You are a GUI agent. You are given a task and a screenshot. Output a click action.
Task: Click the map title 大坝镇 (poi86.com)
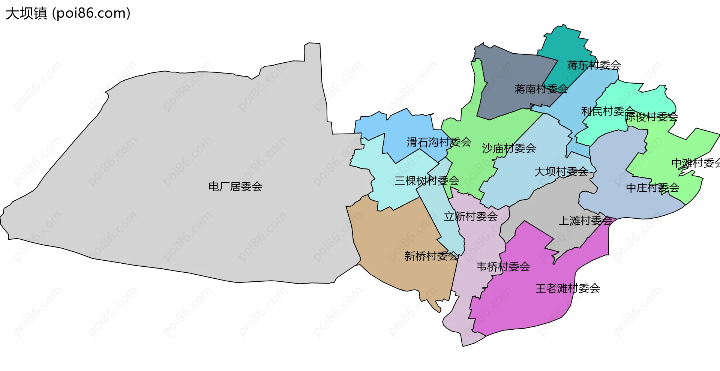point(68,13)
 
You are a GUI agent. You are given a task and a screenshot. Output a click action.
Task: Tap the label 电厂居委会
point(235,186)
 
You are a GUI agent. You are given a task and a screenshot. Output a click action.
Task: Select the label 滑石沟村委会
point(439,142)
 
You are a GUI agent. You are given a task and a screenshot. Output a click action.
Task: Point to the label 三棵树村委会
point(427,181)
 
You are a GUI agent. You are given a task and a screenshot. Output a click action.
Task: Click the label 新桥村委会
point(431,256)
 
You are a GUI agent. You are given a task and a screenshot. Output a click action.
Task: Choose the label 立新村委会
point(471,216)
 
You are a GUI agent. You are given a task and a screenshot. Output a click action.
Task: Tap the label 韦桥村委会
point(503,267)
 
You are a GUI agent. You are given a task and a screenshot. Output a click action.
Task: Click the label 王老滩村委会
point(568,288)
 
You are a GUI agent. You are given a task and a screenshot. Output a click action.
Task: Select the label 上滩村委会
point(585,221)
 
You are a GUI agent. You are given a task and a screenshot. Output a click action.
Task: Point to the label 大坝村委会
point(561,172)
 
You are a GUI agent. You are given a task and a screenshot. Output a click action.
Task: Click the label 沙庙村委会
point(509,149)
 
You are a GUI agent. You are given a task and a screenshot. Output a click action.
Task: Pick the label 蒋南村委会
point(541,89)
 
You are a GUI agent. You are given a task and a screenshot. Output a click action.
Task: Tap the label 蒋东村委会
point(594,65)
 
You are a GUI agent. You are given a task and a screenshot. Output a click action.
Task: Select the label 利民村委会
point(607,111)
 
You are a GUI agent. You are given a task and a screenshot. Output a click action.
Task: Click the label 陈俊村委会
point(651,117)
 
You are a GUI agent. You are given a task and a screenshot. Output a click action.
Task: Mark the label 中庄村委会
point(652,188)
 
